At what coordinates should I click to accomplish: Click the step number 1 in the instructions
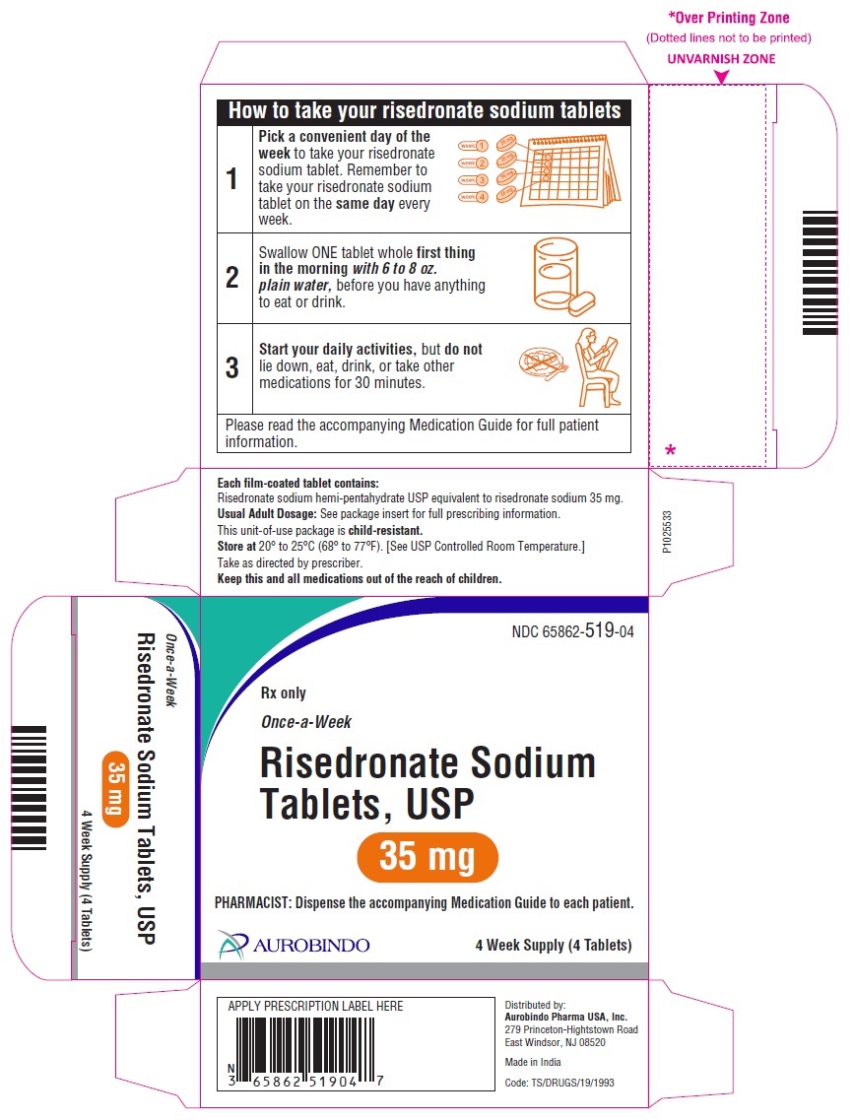point(231,178)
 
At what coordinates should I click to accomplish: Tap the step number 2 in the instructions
point(232,277)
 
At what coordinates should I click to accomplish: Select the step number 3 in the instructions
point(232,367)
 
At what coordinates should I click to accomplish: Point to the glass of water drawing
point(557,274)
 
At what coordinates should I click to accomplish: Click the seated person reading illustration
point(598,367)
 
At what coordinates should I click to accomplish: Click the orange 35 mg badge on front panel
point(427,857)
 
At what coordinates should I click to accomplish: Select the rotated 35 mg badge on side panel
point(115,789)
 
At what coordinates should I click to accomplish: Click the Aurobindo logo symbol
point(232,945)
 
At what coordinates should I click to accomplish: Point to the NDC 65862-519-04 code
point(572,630)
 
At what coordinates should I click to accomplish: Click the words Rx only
point(284,692)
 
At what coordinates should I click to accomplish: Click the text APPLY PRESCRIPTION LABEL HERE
point(315,1006)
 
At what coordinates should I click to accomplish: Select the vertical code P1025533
point(666,531)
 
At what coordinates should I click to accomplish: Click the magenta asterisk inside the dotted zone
point(670,450)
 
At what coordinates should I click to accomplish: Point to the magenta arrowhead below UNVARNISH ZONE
point(721,77)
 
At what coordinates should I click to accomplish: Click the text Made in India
point(533,1062)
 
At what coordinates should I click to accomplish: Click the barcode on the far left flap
point(30,788)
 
